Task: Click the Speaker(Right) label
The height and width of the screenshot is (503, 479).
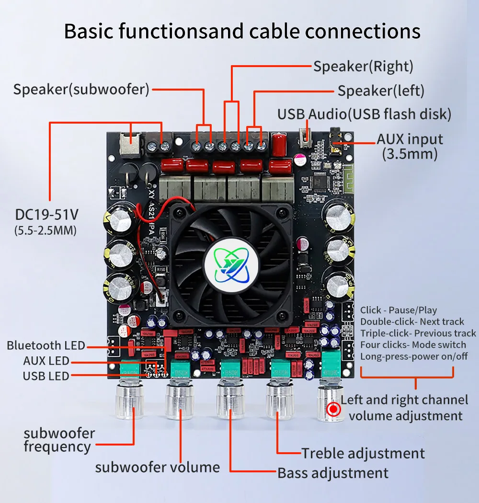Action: (363, 66)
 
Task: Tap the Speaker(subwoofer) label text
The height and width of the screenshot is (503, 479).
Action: (81, 89)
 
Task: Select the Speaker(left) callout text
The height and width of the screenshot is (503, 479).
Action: (381, 91)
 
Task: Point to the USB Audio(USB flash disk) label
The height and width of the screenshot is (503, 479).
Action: (364, 114)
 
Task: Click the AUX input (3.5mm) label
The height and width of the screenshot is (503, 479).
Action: (410, 146)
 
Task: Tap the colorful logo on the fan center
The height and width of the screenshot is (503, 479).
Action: (231, 266)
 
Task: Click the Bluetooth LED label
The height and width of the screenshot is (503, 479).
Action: (46, 345)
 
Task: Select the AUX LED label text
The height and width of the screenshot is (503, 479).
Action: (46, 361)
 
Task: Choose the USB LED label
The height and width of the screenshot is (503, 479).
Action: (46, 376)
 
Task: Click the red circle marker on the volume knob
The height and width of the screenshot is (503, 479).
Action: (334, 409)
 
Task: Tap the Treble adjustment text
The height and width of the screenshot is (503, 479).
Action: (363, 453)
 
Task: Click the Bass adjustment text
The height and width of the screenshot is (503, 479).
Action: (333, 473)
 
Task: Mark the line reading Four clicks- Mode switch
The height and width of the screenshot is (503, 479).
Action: (413, 345)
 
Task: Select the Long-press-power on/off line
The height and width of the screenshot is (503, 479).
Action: (414, 356)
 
